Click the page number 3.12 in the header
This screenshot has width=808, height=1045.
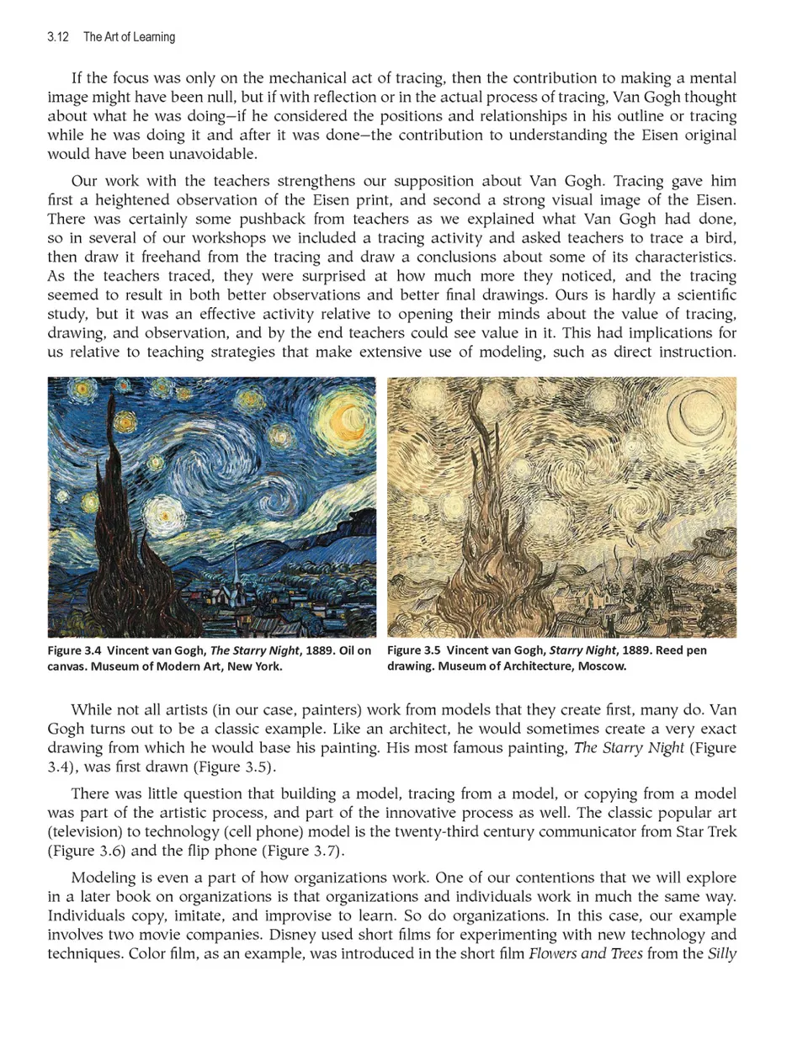pyautogui.click(x=58, y=37)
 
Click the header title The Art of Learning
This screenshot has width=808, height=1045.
pyautogui.click(x=129, y=37)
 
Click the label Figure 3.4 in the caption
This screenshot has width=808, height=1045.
pyautogui.click(x=76, y=650)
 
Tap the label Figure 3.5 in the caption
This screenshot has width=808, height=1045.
pyautogui.click(x=413, y=650)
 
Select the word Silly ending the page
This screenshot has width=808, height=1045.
pyautogui.click(x=722, y=954)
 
